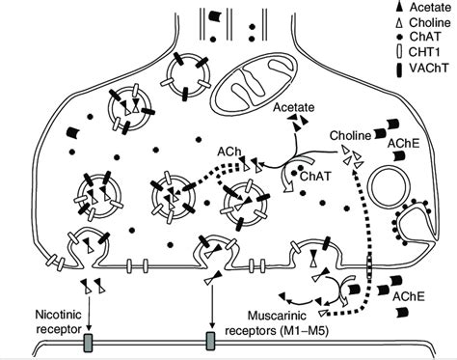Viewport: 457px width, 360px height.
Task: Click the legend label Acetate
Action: point(430,8)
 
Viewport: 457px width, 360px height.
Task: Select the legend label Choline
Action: point(430,22)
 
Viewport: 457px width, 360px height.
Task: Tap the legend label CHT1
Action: point(425,51)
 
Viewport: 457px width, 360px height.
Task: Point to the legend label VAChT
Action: point(428,68)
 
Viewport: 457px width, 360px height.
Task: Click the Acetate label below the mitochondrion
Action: point(293,107)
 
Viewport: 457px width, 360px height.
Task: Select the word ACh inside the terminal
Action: point(228,152)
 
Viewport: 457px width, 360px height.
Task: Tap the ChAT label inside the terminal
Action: point(315,176)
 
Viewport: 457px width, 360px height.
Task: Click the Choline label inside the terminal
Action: point(351,135)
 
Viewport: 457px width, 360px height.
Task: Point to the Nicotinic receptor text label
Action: point(58,321)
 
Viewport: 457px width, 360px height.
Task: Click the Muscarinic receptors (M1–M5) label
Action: point(277,323)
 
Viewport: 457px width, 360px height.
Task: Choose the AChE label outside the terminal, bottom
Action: point(408,296)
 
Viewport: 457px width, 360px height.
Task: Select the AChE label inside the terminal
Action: point(404,144)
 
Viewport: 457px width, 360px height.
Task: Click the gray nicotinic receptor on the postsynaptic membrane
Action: point(88,343)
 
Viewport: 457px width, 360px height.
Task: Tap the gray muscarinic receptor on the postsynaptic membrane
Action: point(210,341)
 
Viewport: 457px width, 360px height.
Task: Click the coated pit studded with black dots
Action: point(415,222)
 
